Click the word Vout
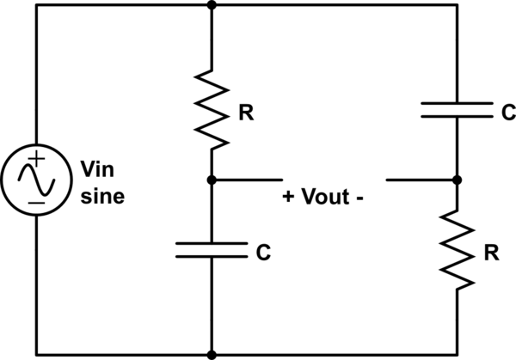[x=325, y=196]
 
